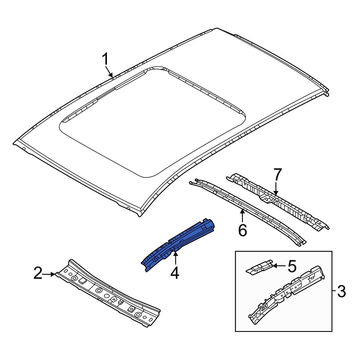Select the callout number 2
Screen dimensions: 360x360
click(38, 273)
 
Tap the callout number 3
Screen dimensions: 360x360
click(341, 291)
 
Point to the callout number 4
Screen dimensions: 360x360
click(175, 273)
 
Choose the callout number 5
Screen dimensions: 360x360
click(292, 266)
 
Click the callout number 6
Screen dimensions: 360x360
click(242, 230)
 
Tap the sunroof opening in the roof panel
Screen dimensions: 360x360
click(152, 122)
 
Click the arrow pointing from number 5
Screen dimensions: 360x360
click(279, 266)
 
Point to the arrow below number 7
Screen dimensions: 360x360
click(276, 189)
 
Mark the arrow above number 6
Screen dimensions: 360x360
click(242, 216)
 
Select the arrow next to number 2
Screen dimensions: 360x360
click(49, 274)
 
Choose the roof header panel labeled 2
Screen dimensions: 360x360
click(108, 293)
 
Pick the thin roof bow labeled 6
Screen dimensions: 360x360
click(248, 212)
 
